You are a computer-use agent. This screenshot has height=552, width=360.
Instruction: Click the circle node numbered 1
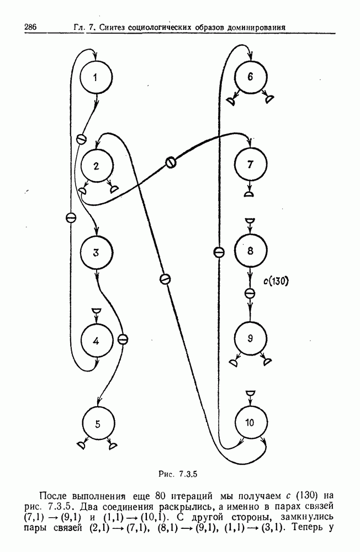click(x=96, y=77)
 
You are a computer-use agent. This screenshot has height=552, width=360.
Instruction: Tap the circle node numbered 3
click(x=96, y=253)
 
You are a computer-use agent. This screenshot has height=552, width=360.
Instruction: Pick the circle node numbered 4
click(x=96, y=341)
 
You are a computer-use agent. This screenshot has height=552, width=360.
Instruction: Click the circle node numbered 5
click(x=98, y=424)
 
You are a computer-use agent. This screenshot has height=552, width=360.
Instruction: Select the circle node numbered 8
click(x=250, y=252)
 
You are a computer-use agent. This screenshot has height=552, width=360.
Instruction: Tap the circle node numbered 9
click(x=250, y=338)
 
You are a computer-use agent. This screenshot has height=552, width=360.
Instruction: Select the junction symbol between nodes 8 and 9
click(x=250, y=293)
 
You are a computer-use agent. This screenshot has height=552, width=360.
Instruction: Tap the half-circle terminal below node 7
click(x=250, y=194)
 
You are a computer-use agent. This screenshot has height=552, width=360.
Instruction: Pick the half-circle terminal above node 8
click(x=250, y=221)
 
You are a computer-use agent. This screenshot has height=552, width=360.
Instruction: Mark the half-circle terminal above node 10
click(x=250, y=392)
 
